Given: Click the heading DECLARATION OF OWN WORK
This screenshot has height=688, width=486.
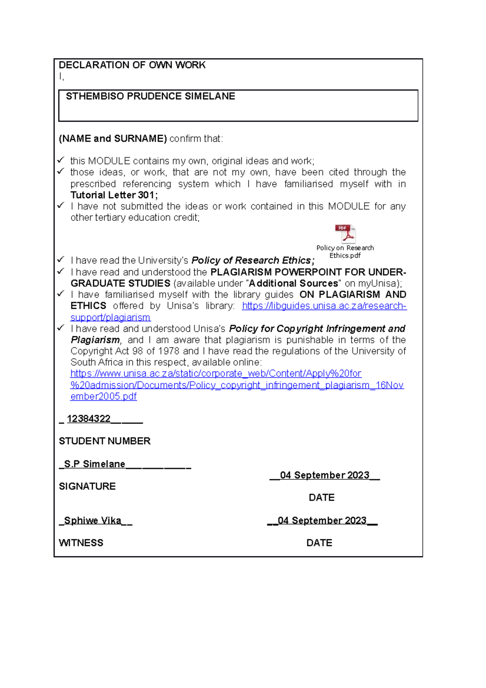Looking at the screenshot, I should [132, 65].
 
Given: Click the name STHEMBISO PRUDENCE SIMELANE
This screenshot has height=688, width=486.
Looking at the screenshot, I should [150, 96].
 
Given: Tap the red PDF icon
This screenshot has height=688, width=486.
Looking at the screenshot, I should [345, 234].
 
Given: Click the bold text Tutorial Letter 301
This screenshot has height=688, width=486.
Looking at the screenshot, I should [113, 195].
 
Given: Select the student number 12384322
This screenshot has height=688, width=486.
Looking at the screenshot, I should [89, 419].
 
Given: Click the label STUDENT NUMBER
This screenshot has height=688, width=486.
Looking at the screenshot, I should [104, 441].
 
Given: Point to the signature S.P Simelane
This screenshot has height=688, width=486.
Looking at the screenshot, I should [94, 464].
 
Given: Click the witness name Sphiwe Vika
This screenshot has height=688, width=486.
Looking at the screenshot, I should [92, 521].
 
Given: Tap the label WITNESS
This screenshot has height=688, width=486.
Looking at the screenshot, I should [81, 543].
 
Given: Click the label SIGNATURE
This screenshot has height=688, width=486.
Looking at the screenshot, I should [87, 486].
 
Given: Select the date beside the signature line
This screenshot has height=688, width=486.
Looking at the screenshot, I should [324, 475].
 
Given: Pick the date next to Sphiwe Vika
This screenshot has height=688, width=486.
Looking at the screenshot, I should [322, 521].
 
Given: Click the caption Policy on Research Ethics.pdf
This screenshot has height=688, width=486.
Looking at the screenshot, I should [345, 252].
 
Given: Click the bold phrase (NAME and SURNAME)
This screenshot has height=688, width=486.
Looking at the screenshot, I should [113, 139].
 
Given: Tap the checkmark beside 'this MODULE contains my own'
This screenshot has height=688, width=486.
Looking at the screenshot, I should [61, 160].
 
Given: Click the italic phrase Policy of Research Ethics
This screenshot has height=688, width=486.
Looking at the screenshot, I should [252, 260].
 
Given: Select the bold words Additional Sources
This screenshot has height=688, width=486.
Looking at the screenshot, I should [294, 283].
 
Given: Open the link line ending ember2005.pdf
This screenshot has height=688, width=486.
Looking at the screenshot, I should [104, 396].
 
